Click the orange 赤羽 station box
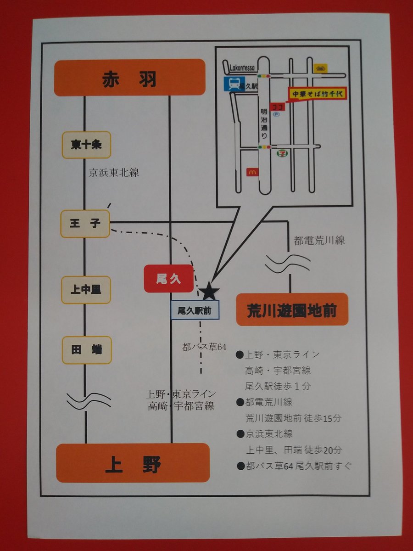(129, 78)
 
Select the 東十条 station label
(86, 145)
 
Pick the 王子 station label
(85, 224)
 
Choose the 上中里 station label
(86, 290)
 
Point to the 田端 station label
(86, 350)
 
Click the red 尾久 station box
(168, 279)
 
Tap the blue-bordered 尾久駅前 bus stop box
(195, 310)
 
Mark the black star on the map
(209, 291)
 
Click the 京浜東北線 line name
(114, 173)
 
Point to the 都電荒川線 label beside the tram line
(319, 240)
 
